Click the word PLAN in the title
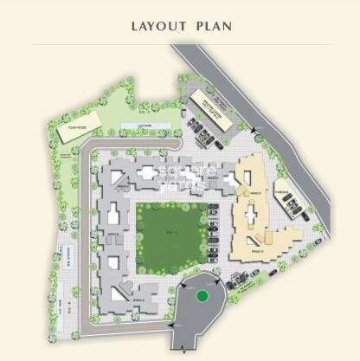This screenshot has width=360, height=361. (210, 25)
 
